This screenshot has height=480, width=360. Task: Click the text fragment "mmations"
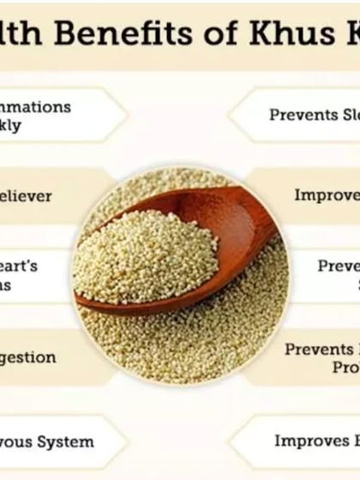tap(36, 108)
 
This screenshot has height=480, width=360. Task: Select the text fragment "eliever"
tap(26, 196)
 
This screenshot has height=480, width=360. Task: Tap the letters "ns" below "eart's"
tap(5, 285)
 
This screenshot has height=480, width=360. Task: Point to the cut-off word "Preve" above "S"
tap(338, 266)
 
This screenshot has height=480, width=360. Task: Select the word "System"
tap(64, 441)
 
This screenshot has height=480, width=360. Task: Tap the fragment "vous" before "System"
tap(18, 441)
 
